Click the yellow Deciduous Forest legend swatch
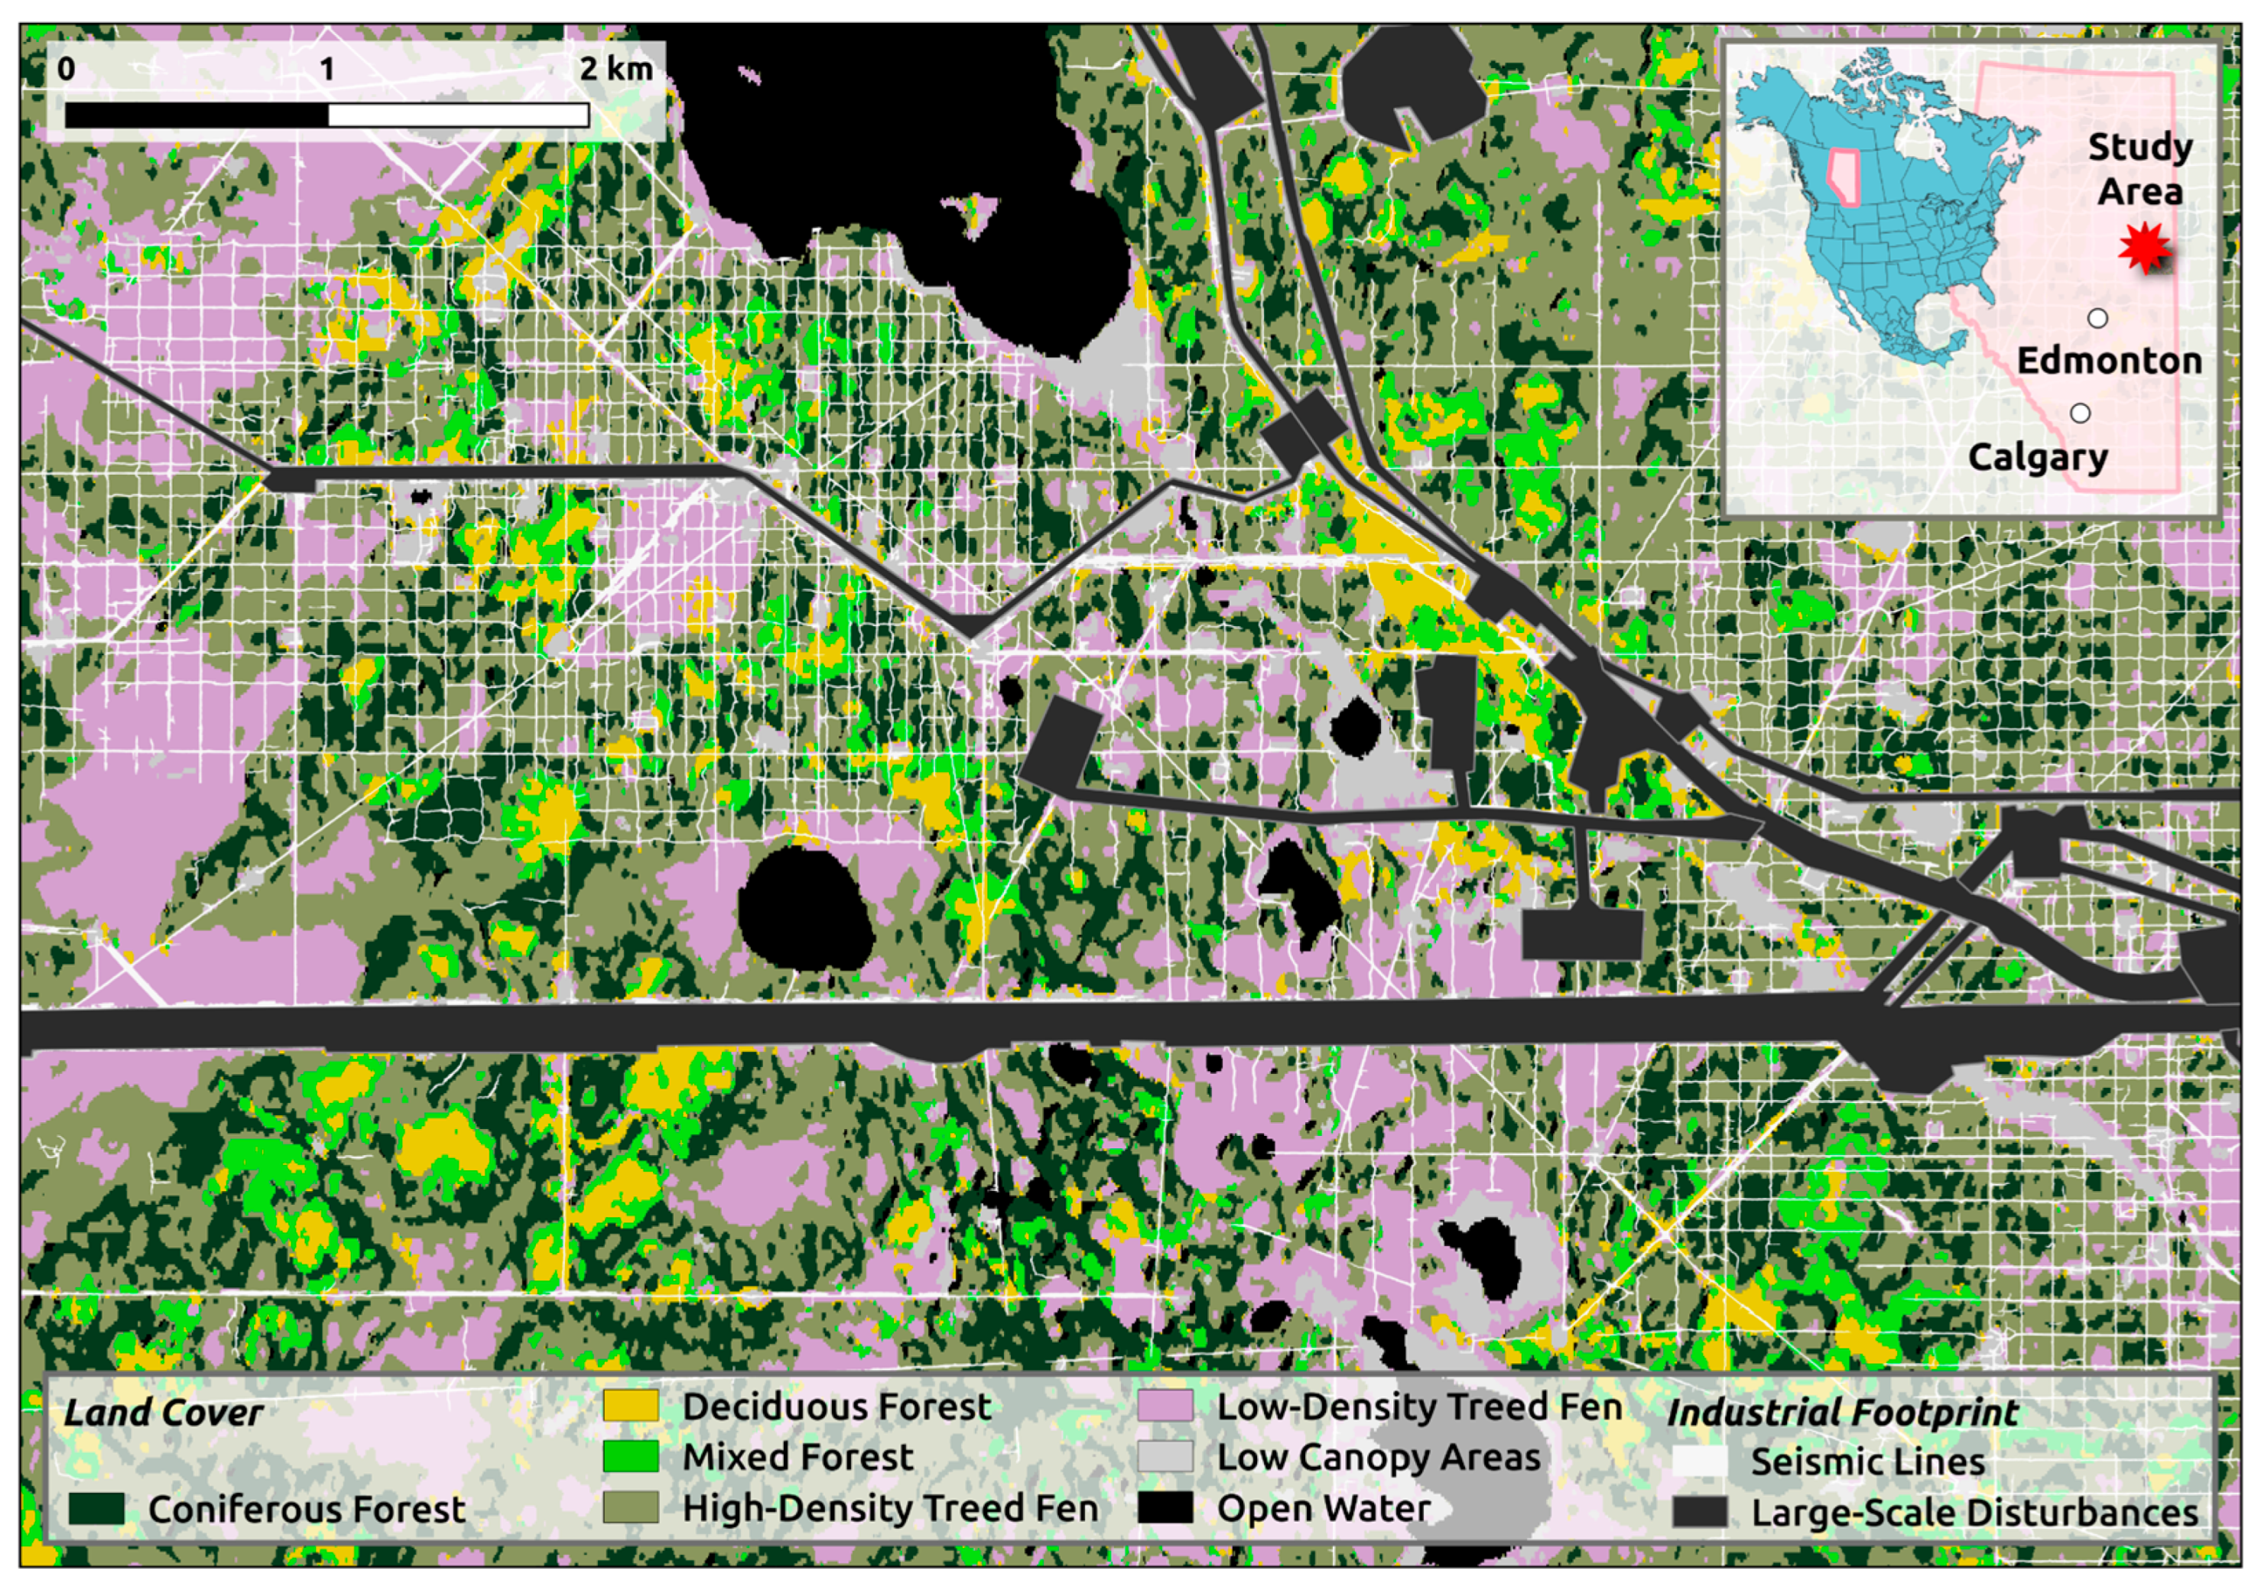[x=630, y=1406]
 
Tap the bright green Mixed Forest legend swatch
[x=630, y=1457]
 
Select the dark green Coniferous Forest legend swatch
[x=96, y=1509]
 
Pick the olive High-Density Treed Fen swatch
[x=630, y=1507]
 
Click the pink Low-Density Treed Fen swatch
[x=1165, y=1406]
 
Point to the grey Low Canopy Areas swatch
[x=1165, y=1457]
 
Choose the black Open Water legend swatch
[x=1165, y=1507]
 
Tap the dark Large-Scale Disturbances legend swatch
[x=1700, y=1512]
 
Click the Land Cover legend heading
[x=164, y=1413]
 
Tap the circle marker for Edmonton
[x=2098, y=318]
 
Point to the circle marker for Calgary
[x=2081, y=414]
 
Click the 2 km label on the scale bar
[x=616, y=69]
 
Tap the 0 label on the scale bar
[x=66, y=69]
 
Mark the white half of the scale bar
[x=458, y=115]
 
